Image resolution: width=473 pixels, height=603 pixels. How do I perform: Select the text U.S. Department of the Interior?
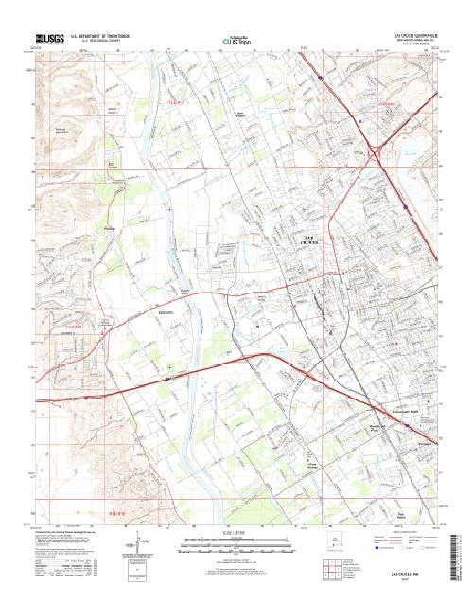(x=100, y=36)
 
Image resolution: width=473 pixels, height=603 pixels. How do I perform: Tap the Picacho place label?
(x=109, y=228)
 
